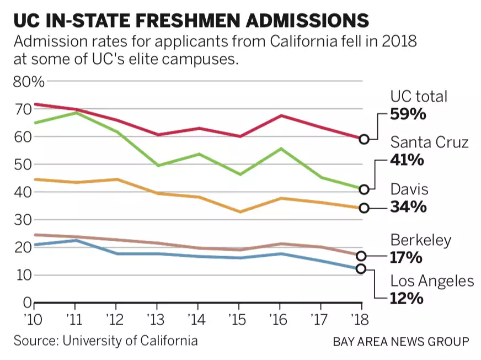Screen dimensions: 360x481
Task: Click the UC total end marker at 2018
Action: click(364, 139)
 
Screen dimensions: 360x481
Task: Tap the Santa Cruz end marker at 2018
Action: click(364, 189)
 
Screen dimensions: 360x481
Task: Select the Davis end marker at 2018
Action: click(364, 208)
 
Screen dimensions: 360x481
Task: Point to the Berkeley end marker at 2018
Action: click(361, 256)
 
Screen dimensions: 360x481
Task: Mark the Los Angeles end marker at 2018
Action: click(361, 268)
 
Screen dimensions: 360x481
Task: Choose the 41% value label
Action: click(408, 161)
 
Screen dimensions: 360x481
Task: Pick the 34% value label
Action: click(408, 208)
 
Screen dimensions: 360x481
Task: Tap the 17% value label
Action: click(407, 257)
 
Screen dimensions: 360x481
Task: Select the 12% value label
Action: click(407, 299)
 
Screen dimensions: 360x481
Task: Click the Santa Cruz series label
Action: click(430, 142)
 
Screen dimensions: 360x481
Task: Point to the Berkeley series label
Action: click(421, 240)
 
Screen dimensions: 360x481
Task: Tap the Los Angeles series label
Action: click(432, 281)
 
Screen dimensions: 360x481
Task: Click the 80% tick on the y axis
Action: click(28, 82)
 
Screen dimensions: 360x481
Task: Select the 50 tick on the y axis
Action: click(22, 165)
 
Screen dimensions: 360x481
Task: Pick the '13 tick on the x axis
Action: click(157, 319)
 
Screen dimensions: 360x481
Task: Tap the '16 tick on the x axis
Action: click(280, 319)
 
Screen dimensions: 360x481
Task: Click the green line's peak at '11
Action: click(76, 113)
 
